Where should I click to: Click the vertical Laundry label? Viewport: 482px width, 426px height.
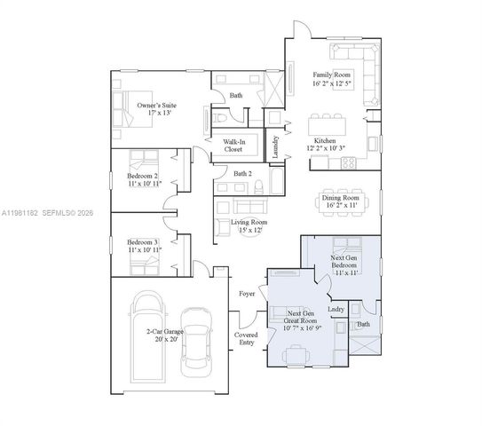276,146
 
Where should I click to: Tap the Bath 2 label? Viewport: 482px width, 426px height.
242,174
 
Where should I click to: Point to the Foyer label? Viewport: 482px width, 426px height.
248,293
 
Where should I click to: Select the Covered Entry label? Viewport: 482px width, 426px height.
246,339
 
